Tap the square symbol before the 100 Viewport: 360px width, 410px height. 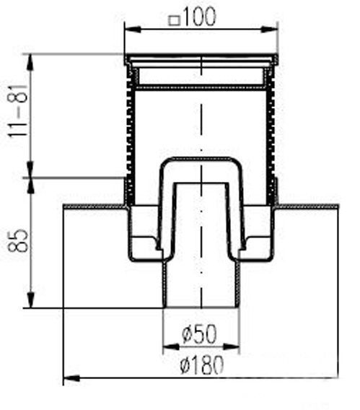coord(173,19)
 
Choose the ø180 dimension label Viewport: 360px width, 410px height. coord(200,365)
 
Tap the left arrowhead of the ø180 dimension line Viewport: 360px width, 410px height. coord(69,378)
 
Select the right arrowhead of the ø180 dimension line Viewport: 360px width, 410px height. coord(333,378)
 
